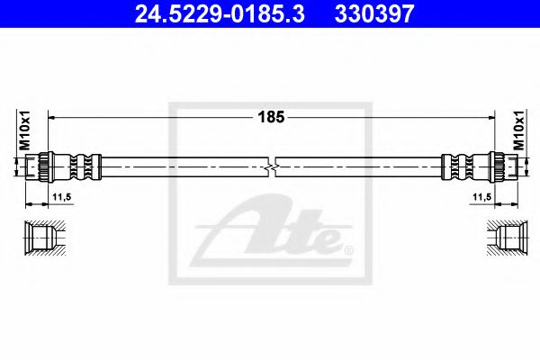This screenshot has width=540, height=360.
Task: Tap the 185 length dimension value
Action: tap(271, 117)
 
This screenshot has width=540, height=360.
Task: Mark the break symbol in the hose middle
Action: tap(274, 166)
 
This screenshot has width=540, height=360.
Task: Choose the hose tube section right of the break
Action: tap(360, 166)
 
